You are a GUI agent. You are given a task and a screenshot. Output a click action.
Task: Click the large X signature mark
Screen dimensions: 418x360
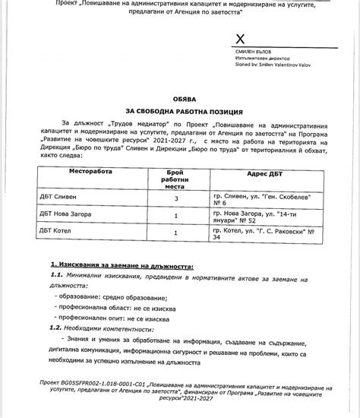(x=241, y=39)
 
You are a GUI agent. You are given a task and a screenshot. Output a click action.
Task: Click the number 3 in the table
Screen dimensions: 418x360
(x=176, y=198)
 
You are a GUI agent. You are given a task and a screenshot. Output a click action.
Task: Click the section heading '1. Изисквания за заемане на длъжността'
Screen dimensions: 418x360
(x=122, y=267)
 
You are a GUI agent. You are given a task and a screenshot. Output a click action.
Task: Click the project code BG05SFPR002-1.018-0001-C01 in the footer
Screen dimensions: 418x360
(x=115, y=386)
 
